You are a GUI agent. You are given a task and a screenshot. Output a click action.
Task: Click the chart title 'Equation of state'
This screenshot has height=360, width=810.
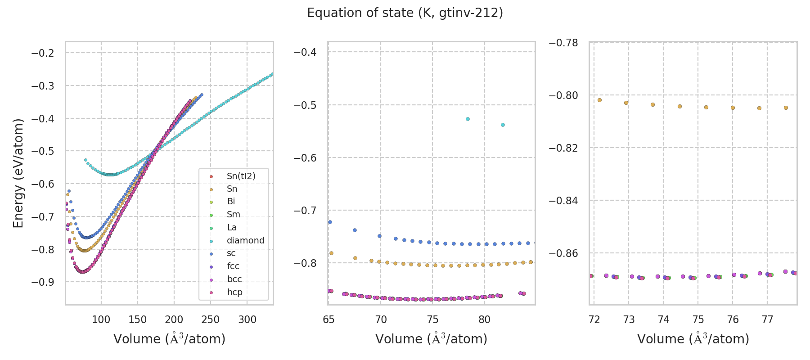(x=405, y=13)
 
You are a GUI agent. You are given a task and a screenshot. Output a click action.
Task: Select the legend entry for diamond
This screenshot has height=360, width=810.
(x=245, y=240)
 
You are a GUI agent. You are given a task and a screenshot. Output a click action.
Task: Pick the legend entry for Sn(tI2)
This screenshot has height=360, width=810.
(x=241, y=176)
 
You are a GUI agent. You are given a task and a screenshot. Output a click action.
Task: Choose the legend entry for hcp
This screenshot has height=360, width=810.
(x=234, y=292)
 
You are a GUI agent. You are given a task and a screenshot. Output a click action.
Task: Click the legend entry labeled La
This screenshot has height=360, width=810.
(x=232, y=227)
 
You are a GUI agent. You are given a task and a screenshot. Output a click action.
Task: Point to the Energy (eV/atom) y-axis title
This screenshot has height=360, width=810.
(x=18, y=173)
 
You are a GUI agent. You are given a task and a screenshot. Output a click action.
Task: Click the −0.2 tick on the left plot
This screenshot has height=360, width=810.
(x=42, y=53)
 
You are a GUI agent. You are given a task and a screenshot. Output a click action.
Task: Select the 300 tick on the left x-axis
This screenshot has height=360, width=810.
(x=247, y=320)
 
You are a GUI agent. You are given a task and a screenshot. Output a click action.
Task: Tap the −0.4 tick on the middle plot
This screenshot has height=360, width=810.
(x=305, y=52)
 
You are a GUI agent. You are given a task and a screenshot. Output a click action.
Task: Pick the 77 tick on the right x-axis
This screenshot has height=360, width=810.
(x=767, y=320)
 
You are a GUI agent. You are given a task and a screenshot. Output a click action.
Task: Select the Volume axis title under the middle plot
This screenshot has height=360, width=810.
(x=431, y=339)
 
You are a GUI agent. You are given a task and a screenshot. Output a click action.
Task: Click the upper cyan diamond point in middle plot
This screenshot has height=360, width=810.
(x=468, y=119)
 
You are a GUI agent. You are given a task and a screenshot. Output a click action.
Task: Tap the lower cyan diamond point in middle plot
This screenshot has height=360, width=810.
(x=503, y=125)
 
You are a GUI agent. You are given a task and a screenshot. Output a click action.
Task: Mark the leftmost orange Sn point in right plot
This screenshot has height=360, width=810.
(x=599, y=100)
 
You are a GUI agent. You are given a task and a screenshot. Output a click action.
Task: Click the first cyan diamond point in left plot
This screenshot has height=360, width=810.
(x=85, y=160)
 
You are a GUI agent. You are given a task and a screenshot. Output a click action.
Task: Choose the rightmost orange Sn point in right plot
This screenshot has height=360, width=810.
(x=786, y=108)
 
